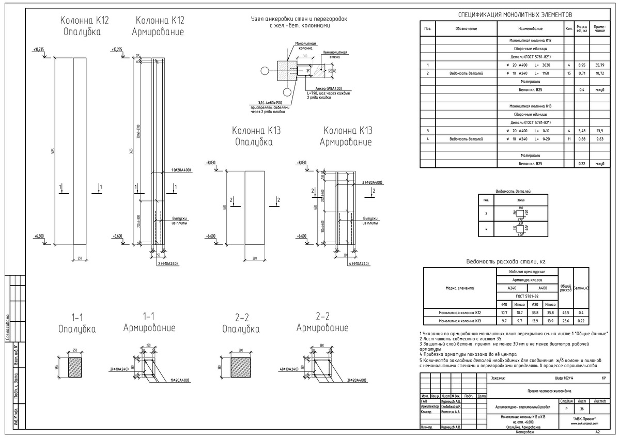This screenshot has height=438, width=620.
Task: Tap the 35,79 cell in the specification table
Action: [x=599, y=66]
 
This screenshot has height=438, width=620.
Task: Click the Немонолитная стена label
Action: [x=334, y=54]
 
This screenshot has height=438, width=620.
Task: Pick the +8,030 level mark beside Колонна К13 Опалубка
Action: [x=210, y=163]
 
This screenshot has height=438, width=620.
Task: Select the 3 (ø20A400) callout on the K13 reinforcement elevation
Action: [x=371, y=182]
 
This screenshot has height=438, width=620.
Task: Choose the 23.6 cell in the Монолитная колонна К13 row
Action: [x=565, y=321]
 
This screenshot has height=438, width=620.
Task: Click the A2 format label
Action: [x=597, y=432]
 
